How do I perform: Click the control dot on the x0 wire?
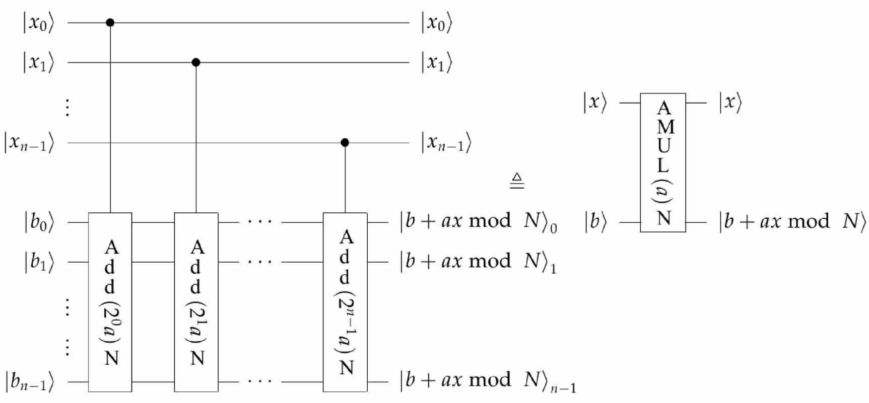(x=110, y=23)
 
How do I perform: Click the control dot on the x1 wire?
(x=196, y=62)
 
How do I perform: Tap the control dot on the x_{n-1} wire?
(x=345, y=143)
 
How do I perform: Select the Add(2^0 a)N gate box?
(x=110, y=302)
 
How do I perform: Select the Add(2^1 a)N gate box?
(x=196, y=302)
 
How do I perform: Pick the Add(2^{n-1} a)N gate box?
(x=345, y=302)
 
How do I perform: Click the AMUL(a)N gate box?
(x=663, y=163)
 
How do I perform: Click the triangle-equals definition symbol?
(x=517, y=181)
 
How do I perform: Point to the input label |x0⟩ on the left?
(x=38, y=23)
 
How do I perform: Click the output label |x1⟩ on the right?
(x=436, y=63)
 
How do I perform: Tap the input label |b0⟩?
(x=39, y=222)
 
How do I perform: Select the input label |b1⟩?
(x=39, y=262)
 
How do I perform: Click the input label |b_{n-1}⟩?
(x=29, y=382)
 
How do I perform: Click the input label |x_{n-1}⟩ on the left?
(x=29, y=143)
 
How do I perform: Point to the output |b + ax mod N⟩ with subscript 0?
(x=478, y=222)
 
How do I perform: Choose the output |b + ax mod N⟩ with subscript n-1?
(x=487, y=381)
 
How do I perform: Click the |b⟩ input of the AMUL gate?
(x=595, y=222)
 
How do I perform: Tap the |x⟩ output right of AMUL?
(x=730, y=103)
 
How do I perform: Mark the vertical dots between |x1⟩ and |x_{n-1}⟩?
(x=67, y=108)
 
